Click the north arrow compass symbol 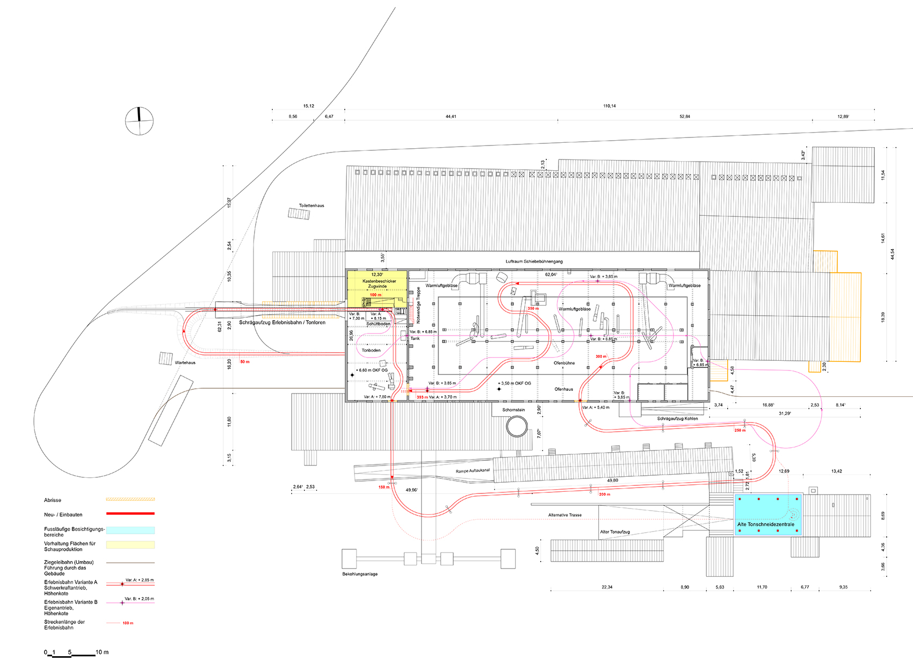point(140,121)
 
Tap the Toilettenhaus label point(311,206)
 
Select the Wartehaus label point(185,363)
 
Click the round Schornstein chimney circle point(517,427)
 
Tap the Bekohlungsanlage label point(360,574)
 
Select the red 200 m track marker point(604,494)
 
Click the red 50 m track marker point(245,362)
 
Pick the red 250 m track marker point(740,431)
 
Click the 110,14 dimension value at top point(609,106)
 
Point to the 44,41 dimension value point(451,117)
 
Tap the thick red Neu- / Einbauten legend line point(131,514)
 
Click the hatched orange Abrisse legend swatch point(131,499)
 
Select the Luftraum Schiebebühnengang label point(534,261)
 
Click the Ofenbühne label point(564,363)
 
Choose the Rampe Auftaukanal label point(473,471)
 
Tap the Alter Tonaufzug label point(615,532)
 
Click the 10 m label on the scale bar point(102,652)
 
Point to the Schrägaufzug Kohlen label point(677,419)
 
